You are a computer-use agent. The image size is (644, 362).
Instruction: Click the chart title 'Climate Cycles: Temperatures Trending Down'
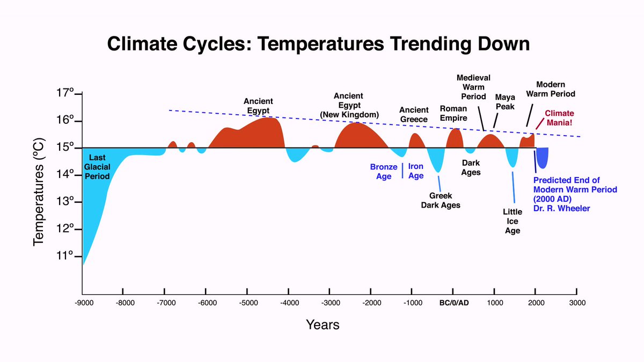click(x=318, y=43)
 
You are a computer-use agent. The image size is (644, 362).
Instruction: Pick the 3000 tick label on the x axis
click(x=577, y=302)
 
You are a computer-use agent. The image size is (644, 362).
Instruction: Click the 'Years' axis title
click(x=323, y=324)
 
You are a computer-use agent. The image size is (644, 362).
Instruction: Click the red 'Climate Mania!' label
click(x=559, y=117)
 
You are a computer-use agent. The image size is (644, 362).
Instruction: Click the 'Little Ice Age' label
click(x=512, y=221)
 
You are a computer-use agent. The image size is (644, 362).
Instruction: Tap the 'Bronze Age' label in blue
click(x=384, y=172)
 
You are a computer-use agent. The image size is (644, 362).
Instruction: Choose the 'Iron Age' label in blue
click(x=416, y=171)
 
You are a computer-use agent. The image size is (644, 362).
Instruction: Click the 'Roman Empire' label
click(x=453, y=113)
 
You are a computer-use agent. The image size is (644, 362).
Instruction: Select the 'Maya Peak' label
click(x=504, y=102)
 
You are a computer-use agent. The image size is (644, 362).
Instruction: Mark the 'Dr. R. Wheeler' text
click(x=561, y=208)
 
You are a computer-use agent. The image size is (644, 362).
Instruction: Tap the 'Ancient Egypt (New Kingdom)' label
click(x=357, y=105)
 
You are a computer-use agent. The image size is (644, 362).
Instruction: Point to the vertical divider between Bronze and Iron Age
click(x=402, y=171)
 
